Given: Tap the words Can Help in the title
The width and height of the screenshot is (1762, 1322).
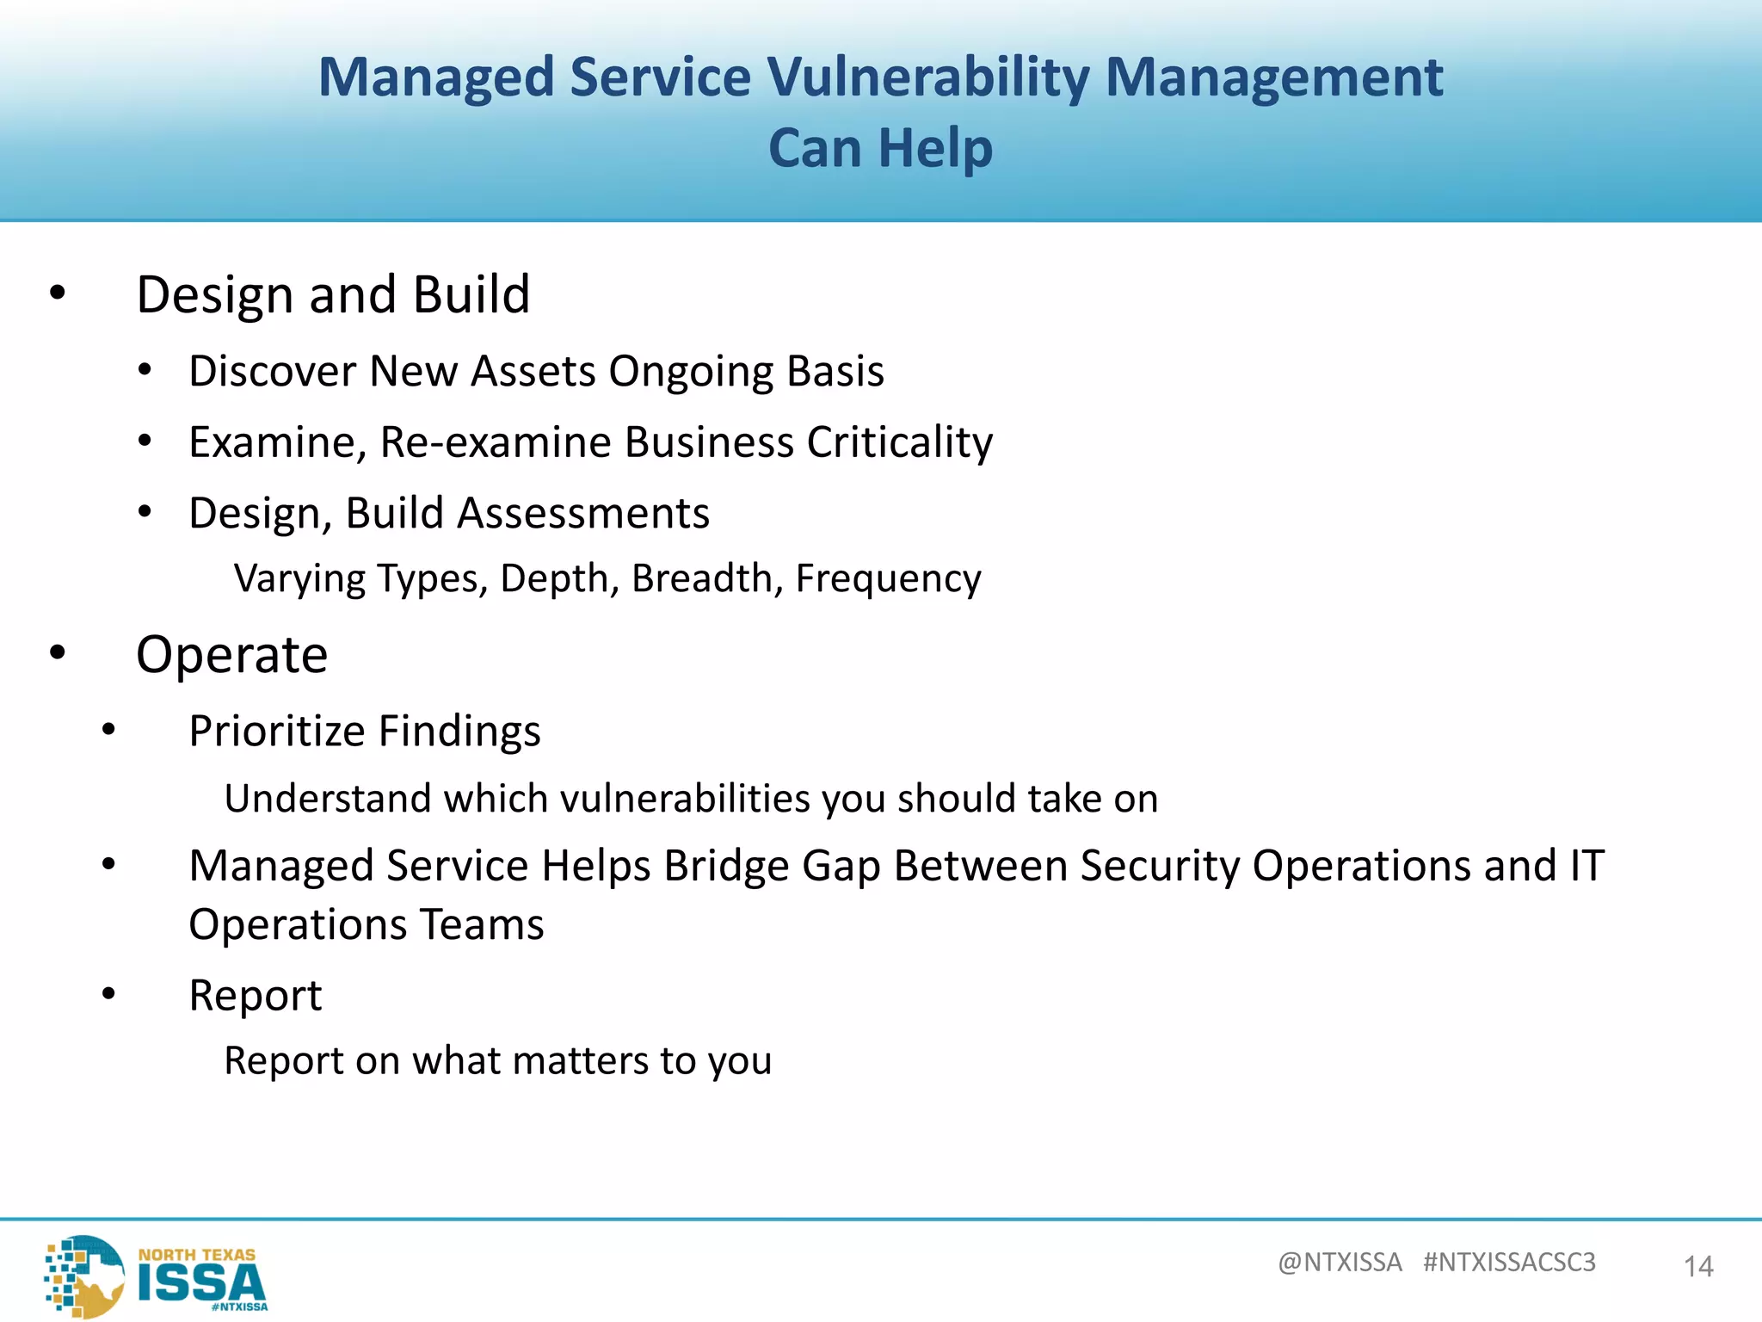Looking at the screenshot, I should (880, 148).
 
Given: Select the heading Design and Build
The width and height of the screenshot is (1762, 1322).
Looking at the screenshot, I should (333, 294).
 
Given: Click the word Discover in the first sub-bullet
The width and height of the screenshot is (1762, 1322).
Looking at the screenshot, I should (272, 372).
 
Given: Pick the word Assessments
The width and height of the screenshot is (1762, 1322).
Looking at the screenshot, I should (582, 513).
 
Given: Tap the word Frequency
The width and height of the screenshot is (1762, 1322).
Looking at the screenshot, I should (888, 578).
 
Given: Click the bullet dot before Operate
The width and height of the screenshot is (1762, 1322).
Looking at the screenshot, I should (58, 653).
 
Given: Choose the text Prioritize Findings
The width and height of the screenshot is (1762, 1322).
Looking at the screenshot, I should (364, 731).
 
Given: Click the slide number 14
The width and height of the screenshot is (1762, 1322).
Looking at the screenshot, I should (1698, 1266).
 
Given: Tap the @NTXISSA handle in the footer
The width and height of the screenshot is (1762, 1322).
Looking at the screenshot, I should (1340, 1262).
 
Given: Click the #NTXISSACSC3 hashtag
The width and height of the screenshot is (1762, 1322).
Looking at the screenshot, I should (1509, 1262).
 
